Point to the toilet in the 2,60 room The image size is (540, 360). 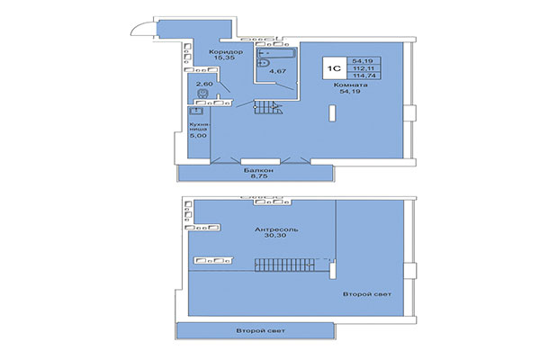pos(202,94)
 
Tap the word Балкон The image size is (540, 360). pos(256,170)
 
